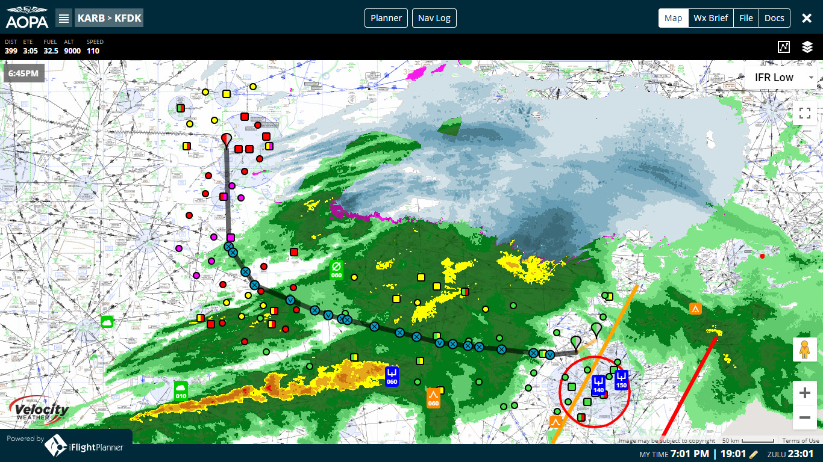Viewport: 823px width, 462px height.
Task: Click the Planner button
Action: [386, 18]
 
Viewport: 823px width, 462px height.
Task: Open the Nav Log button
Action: [434, 18]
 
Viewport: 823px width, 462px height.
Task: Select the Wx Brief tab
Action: [710, 18]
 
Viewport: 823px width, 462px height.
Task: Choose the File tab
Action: [746, 18]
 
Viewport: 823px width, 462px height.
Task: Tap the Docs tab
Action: [774, 18]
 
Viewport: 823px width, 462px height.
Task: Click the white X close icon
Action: [807, 18]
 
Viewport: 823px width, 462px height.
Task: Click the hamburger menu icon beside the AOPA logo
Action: [64, 18]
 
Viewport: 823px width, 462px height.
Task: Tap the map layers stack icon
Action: [807, 47]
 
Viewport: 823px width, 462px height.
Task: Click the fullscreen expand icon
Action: [804, 112]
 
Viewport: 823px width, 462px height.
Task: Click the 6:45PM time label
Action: [23, 73]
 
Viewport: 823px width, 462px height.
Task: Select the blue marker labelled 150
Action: [622, 379]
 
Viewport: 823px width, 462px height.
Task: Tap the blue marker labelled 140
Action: [598, 384]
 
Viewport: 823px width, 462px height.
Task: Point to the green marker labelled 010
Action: [181, 390]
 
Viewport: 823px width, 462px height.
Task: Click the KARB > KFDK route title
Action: [109, 18]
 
